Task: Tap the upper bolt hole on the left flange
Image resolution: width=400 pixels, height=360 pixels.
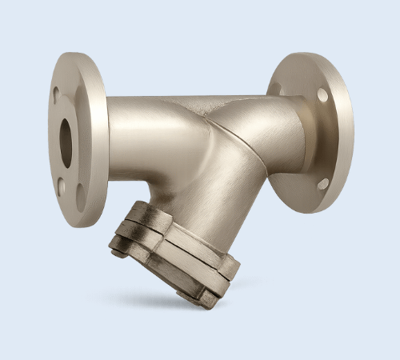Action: [x=55, y=95]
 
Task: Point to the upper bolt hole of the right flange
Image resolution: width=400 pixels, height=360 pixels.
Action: [x=322, y=94]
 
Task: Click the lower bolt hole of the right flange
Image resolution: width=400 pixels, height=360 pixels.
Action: [x=322, y=183]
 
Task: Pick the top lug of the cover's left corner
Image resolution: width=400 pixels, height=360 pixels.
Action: [x=140, y=212]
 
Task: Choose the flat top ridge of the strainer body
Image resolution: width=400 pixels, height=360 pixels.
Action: [x=208, y=100]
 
